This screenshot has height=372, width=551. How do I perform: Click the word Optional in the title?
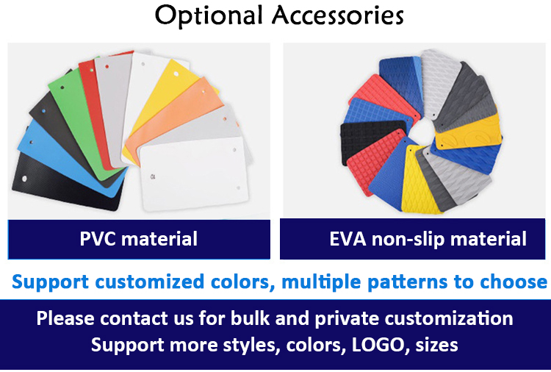pyautogui.click(x=209, y=16)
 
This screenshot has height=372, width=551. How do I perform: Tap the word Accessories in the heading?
pyautogui.click(x=338, y=15)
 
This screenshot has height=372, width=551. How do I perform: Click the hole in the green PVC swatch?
pyautogui.click(x=62, y=87)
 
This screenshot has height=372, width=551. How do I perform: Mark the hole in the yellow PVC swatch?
pyautogui.click(x=176, y=74)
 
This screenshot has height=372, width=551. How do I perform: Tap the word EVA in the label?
pyautogui.click(x=348, y=239)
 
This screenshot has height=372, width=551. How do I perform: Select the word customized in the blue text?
pyautogui.click(x=149, y=282)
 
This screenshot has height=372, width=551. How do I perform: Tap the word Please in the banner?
pyautogui.click(x=65, y=318)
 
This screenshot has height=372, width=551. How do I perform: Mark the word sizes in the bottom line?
pyautogui.click(x=437, y=345)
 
